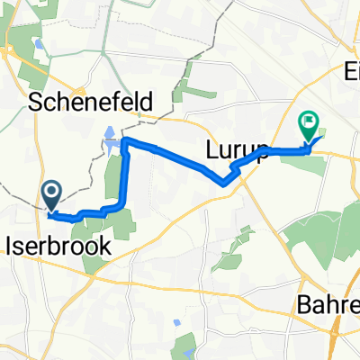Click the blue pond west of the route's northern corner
click(109, 137)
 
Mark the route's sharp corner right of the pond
click(126, 141)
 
